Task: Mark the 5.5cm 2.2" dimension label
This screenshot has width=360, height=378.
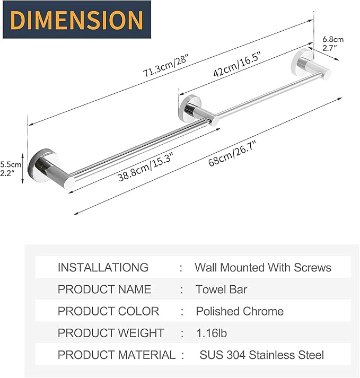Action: (x=11, y=169)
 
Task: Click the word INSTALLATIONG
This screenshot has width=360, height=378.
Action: (x=103, y=268)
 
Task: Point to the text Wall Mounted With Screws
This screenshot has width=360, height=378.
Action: (x=263, y=268)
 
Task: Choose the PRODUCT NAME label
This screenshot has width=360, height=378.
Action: (x=104, y=289)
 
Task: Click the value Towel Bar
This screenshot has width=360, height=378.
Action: (x=222, y=289)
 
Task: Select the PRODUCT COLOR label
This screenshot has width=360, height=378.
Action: (x=108, y=311)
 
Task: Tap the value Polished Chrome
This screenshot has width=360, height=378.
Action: (x=240, y=311)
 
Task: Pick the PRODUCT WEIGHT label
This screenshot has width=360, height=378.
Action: (x=111, y=333)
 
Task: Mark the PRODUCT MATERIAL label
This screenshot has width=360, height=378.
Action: (x=116, y=355)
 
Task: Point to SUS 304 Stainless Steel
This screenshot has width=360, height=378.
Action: (x=261, y=355)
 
